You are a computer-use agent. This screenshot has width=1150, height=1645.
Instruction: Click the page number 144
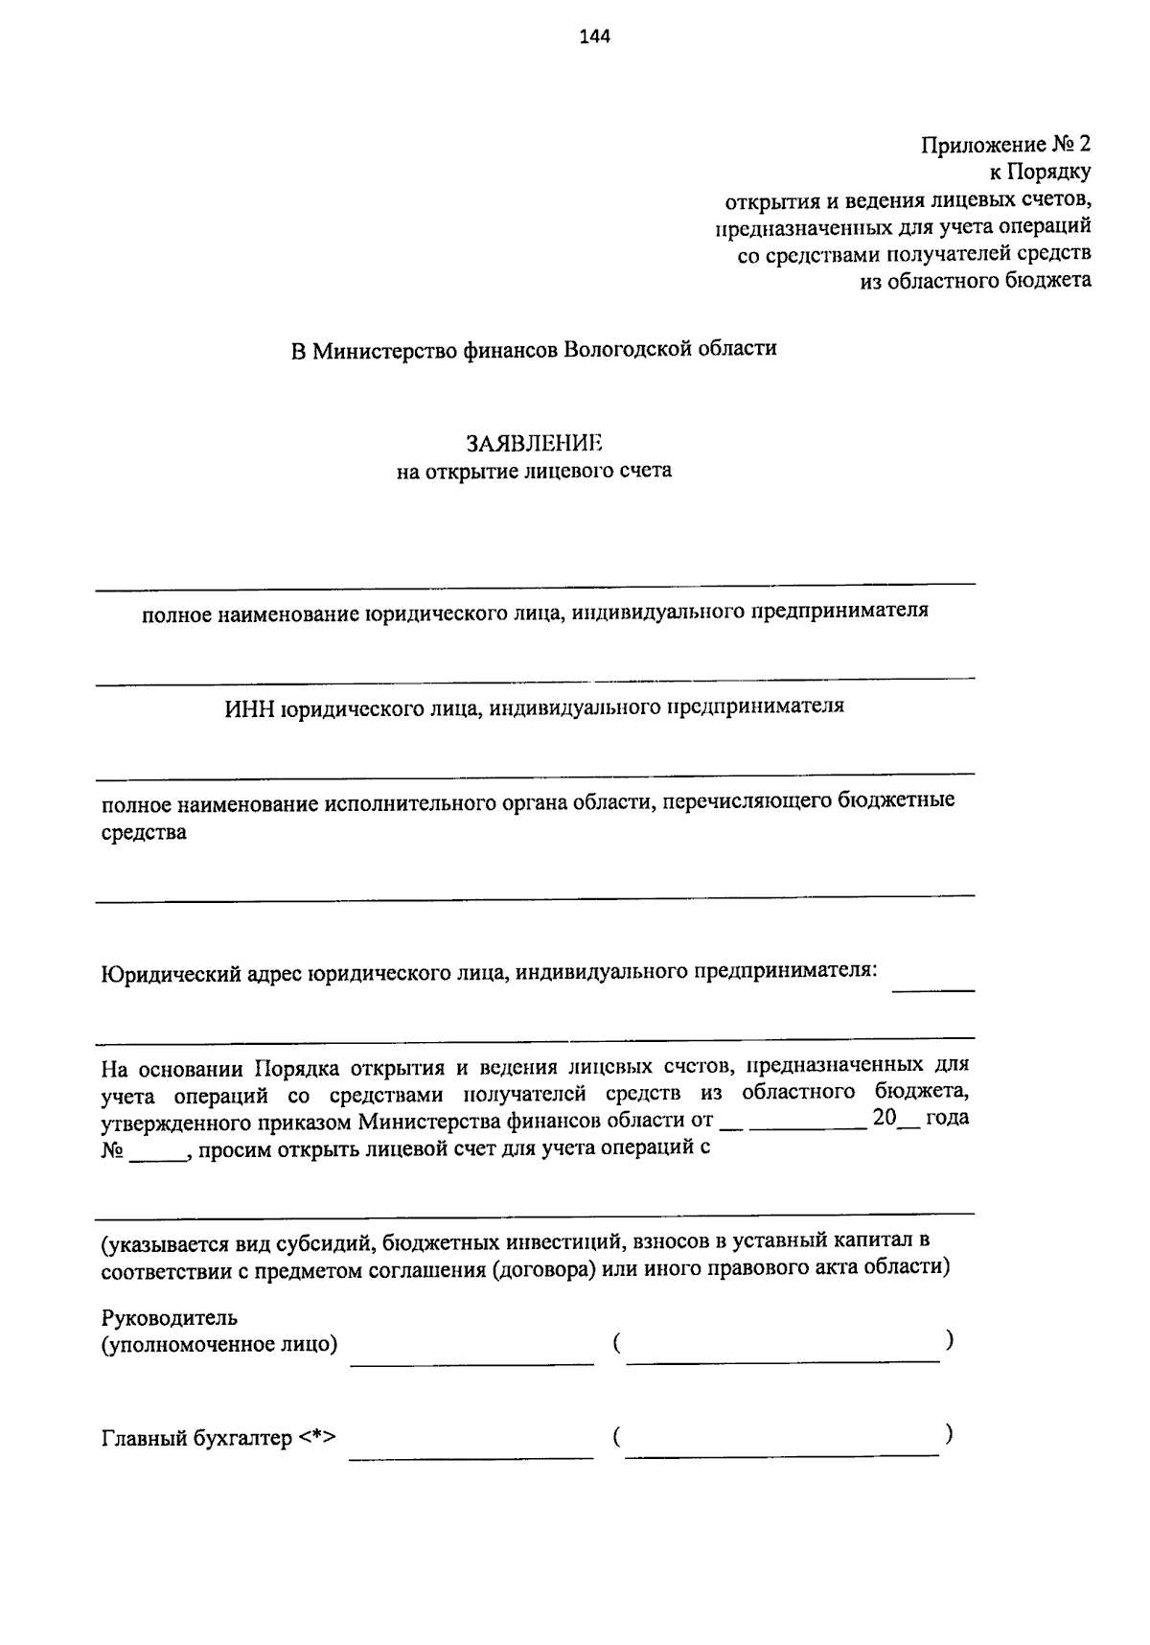[594, 37]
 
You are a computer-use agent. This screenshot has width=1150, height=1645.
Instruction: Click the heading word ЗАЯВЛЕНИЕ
[534, 443]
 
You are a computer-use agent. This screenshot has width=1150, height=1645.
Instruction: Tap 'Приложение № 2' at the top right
[1005, 146]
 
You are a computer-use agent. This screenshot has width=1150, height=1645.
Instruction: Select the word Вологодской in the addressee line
[628, 349]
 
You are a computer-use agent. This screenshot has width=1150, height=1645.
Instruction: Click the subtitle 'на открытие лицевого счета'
[534, 471]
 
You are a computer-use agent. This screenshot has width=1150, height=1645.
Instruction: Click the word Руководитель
[169, 1317]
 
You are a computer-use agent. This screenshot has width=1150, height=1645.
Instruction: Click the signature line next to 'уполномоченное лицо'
[471, 1361]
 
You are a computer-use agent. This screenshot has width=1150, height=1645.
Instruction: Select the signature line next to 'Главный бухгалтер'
[471, 1457]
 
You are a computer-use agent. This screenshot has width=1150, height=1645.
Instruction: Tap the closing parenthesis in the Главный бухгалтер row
[948, 1434]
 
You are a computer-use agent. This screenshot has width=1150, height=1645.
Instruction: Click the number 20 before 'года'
[883, 1118]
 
